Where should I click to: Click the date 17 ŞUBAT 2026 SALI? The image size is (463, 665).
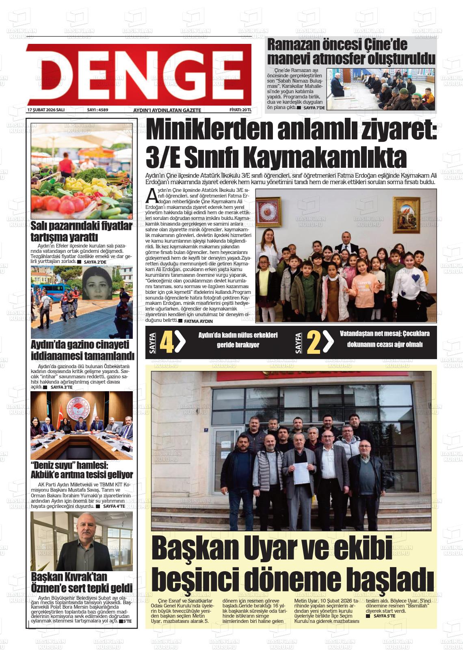pos(46,110)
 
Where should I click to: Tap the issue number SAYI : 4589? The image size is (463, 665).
pos(97,110)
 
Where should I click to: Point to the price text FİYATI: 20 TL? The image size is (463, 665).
pos(240,110)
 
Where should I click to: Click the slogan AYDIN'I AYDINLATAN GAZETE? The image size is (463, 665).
pos(167,110)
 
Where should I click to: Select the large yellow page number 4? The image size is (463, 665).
pos(167,342)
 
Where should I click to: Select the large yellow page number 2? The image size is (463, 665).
pos(314,342)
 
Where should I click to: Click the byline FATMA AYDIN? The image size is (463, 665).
pos(198,321)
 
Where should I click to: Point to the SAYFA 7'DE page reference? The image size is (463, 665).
pos(314,108)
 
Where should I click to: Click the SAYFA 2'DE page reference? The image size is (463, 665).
pos(95,262)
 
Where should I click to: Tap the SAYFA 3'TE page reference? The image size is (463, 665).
pos(61,388)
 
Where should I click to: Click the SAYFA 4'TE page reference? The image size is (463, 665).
pos(114,507)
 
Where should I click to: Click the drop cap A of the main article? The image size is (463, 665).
pos(151,196)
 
